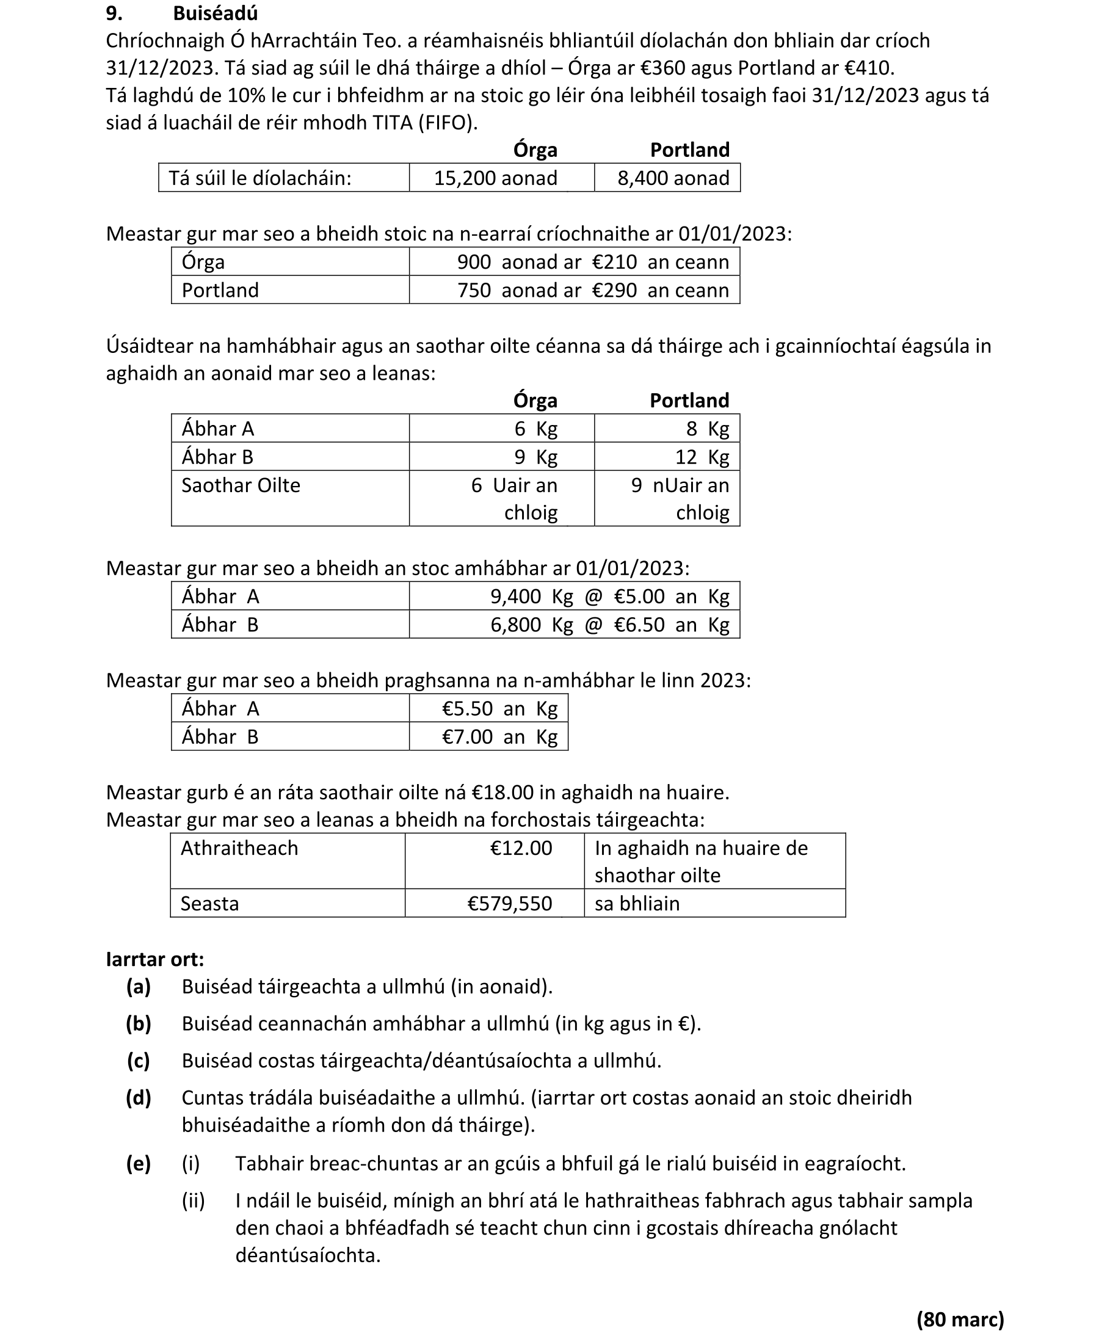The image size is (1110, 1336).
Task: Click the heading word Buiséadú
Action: [x=215, y=13]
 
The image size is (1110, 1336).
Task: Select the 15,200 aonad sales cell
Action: [x=496, y=178]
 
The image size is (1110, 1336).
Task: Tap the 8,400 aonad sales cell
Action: [x=673, y=178]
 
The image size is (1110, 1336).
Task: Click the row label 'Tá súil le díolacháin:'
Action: [x=260, y=178]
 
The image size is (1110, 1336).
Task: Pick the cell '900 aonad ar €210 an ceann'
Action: [x=592, y=262]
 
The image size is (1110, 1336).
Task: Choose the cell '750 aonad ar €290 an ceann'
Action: [x=592, y=290]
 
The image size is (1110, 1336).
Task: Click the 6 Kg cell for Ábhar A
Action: [x=535, y=429]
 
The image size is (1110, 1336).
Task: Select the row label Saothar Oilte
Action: [x=241, y=485]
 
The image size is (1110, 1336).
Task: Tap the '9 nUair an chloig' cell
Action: [x=680, y=498]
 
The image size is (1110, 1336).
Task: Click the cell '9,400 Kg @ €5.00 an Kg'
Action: [x=609, y=597]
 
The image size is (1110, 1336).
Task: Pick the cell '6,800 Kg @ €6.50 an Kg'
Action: [x=609, y=625]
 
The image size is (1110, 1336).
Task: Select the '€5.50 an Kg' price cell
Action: [x=499, y=709]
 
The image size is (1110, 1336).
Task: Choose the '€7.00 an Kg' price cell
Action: [x=499, y=737]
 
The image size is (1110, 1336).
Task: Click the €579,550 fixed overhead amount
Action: [x=510, y=904]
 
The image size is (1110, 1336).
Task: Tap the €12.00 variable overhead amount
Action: [x=521, y=848]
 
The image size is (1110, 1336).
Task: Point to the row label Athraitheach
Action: [x=239, y=848]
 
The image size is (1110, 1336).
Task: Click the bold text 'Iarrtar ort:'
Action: [x=155, y=959]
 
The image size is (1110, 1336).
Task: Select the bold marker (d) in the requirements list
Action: [x=139, y=1098]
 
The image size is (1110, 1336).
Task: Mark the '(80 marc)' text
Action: [x=960, y=1319]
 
